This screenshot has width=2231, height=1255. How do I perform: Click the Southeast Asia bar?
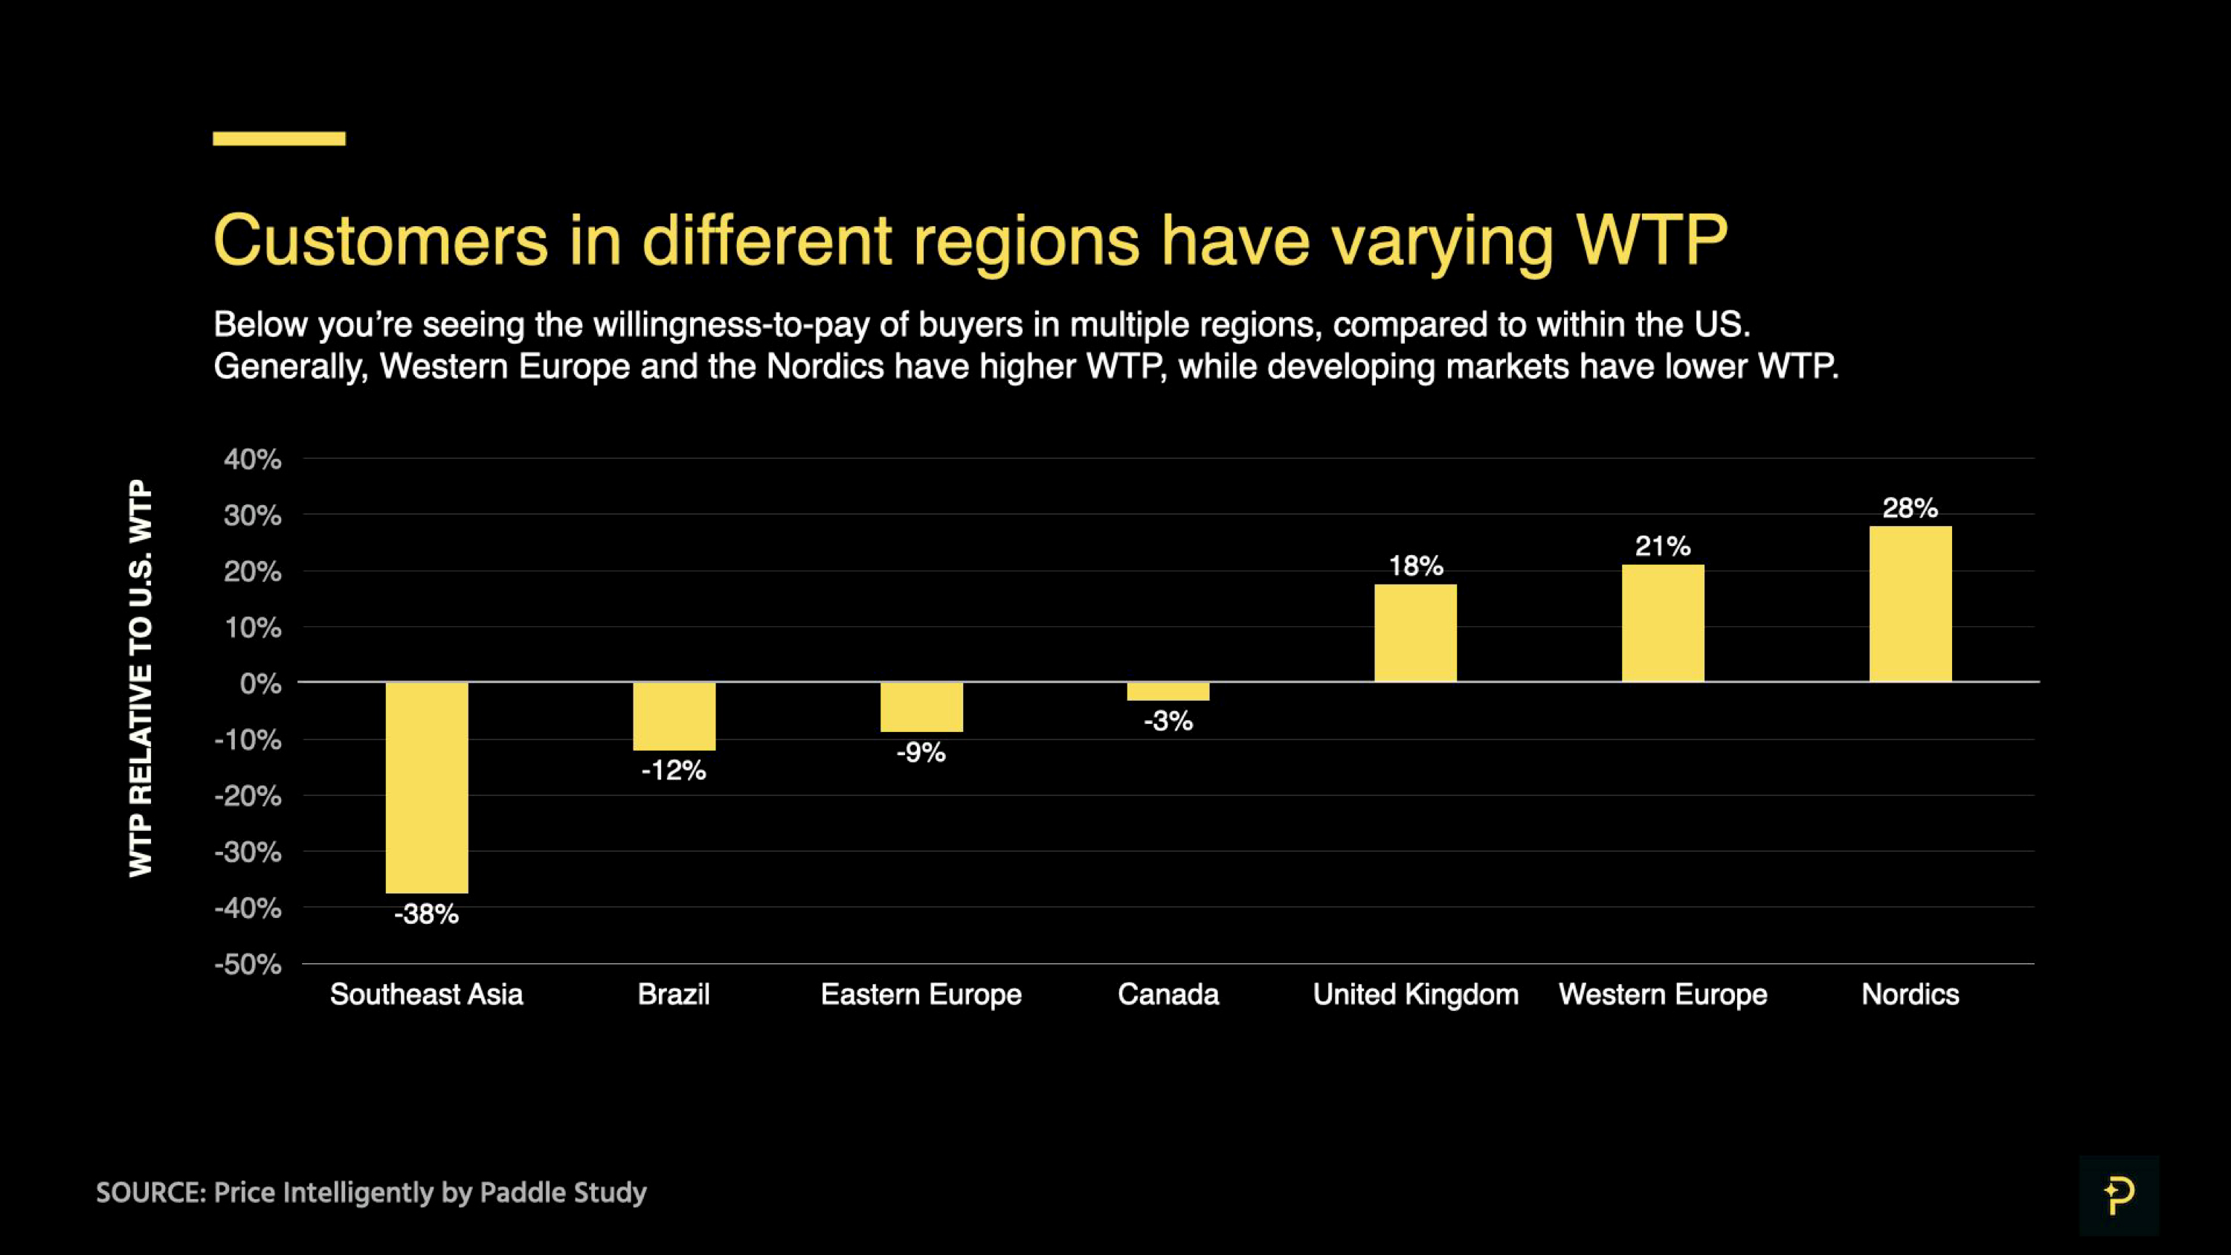pos(426,787)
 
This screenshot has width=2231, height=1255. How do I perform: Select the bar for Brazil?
pos(674,716)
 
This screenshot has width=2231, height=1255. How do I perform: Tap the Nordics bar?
pos(1910,603)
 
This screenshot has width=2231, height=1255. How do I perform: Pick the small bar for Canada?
pos(1168,691)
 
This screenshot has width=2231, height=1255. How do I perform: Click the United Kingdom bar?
pos(1415,633)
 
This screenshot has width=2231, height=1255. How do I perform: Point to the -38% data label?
pos(426,914)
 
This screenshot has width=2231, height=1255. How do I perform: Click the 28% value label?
pos(1910,507)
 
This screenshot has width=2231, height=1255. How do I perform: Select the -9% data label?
pos(921,752)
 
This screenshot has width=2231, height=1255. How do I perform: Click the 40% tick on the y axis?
pos(252,459)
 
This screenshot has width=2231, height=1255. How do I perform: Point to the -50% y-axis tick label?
pos(248,964)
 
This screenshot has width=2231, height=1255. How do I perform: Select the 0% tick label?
pos(260,684)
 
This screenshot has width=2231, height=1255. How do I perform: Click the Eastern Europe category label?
pos(921,995)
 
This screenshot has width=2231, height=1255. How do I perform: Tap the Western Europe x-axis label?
pos(1662,995)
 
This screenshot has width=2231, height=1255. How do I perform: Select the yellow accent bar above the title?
pos(279,138)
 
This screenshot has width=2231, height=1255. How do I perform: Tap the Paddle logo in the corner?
pos(2119,1195)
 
